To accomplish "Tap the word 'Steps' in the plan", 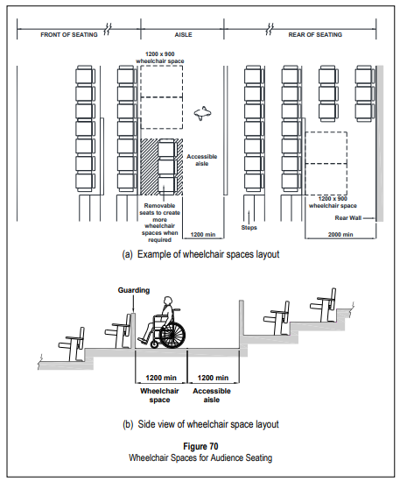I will [x=249, y=226].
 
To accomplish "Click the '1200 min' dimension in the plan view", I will [x=202, y=235].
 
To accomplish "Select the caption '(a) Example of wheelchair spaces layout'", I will [x=200, y=254].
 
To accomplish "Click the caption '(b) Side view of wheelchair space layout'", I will [x=200, y=423].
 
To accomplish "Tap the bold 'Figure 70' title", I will [x=200, y=445].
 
